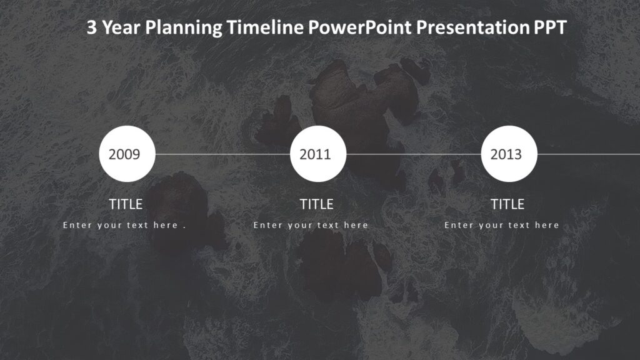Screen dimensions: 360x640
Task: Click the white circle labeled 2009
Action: point(127,154)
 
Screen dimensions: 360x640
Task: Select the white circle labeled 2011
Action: point(318,154)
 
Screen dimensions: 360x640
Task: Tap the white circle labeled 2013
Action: point(509,154)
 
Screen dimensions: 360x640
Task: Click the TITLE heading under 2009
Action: point(126,204)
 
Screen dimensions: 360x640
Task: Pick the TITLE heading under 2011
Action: point(317,204)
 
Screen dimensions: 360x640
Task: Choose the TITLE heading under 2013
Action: point(507,204)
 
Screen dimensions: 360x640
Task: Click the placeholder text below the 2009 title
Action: point(124,225)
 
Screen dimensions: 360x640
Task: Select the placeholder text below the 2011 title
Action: point(311,225)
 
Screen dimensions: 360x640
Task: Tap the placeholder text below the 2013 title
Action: point(502,225)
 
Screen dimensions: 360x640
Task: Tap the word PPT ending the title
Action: point(550,28)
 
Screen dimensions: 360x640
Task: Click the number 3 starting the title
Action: point(91,28)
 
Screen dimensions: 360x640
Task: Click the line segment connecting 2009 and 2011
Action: point(222,154)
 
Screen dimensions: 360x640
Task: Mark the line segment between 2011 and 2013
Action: point(413,154)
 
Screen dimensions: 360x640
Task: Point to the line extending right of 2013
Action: point(587,154)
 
